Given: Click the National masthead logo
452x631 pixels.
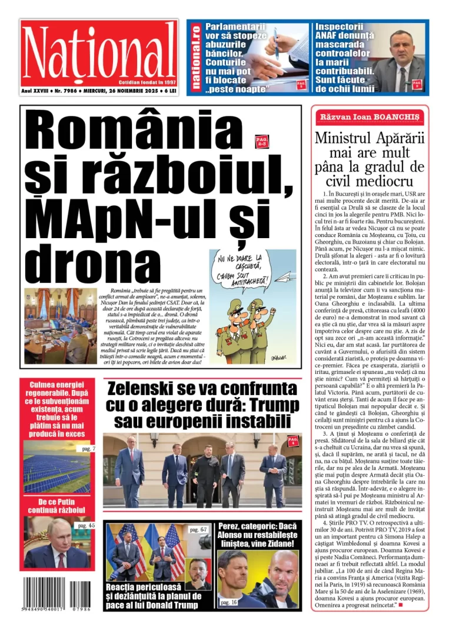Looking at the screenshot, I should (99, 52).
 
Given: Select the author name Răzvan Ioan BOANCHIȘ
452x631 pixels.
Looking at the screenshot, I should (370, 117).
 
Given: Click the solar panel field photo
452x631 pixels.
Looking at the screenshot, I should (56, 468).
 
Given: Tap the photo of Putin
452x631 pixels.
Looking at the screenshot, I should (56, 543).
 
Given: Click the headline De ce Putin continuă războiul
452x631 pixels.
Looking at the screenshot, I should (56, 505).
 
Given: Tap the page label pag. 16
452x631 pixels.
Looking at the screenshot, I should (229, 602).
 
